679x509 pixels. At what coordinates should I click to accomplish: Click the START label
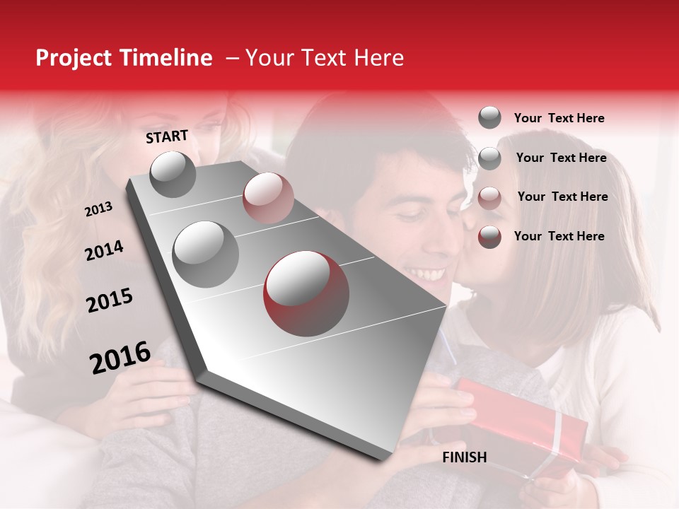(x=167, y=136)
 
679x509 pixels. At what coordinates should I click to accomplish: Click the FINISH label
(x=464, y=457)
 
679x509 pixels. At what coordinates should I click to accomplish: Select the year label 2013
(x=98, y=209)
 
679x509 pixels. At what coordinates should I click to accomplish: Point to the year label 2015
(x=109, y=300)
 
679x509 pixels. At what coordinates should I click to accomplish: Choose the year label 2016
(x=120, y=358)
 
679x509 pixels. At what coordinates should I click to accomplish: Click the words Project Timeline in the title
(x=124, y=58)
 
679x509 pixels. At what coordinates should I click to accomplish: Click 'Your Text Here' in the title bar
(x=325, y=58)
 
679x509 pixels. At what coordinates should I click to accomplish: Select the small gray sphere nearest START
(x=173, y=174)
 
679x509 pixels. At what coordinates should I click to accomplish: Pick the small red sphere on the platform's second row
(x=268, y=197)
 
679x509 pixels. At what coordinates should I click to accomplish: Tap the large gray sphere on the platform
(x=205, y=254)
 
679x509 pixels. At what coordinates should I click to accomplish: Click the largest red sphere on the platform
(x=306, y=293)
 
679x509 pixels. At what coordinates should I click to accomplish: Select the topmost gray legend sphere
(x=489, y=117)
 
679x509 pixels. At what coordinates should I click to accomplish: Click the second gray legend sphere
(x=489, y=158)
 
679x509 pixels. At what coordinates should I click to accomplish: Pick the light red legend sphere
(x=489, y=198)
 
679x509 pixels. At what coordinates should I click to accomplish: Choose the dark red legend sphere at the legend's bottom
(x=489, y=237)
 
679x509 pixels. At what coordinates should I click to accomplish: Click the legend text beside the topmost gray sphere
(x=559, y=118)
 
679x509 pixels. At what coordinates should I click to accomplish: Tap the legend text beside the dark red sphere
(x=559, y=236)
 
